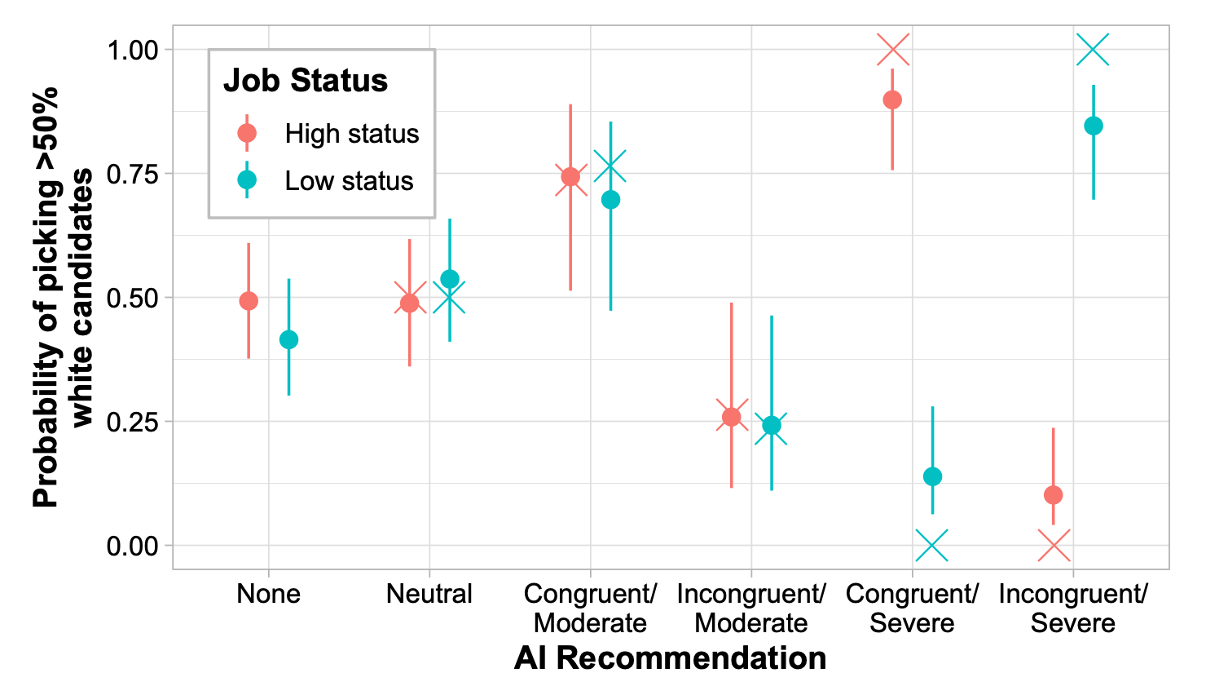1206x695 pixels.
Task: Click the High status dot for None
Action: (249, 301)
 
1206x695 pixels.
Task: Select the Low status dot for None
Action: (288, 339)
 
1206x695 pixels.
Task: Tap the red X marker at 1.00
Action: (893, 50)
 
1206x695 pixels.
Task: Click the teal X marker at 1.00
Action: (1093, 50)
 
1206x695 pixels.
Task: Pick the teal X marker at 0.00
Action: (932, 545)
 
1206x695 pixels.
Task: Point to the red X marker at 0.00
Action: (1054, 545)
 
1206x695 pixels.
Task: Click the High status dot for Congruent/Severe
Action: (892, 100)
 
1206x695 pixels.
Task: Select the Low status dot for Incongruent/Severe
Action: (1094, 126)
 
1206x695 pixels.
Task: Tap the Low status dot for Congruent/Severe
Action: (933, 476)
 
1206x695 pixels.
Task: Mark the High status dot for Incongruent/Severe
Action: (1053, 495)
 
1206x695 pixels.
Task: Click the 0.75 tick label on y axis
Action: (132, 174)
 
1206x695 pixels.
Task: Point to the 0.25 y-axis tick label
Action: (132, 422)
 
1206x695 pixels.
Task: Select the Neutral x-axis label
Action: (429, 594)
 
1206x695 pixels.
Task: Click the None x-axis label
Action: (268, 594)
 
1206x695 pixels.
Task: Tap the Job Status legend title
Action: (306, 81)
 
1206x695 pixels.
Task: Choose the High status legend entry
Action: (351, 134)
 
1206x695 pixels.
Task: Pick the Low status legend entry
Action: (349, 180)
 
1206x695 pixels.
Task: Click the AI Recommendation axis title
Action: (670, 657)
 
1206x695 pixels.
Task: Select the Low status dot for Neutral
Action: (450, 279)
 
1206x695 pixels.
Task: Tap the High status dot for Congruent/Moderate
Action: (570, 177)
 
